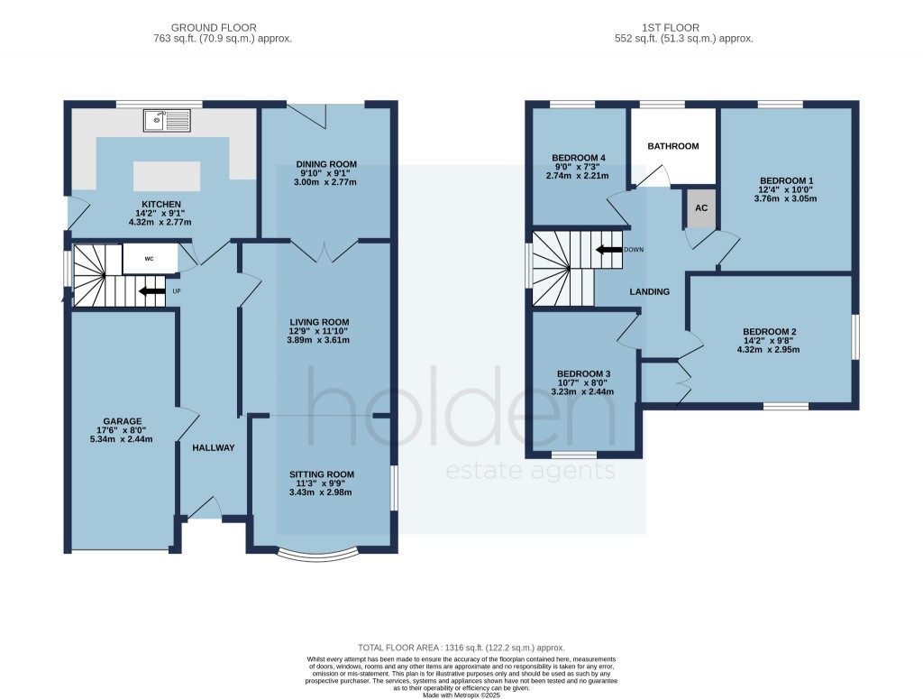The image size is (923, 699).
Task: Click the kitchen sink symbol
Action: pyautogui.click(x=167, y=120)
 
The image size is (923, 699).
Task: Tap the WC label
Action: pyautogui.click(x=149, y=259)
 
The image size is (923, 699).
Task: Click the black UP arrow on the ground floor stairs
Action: pyautogui.click(x=151, y=291)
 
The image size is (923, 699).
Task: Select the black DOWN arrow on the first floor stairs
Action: pyautogui.click(x=609, y=250)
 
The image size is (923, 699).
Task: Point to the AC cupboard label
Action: pyautogui.click(x=701, y=207)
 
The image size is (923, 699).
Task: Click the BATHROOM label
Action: pyautogui.click(x=673, y=146)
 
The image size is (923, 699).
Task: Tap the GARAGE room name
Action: pyautogui.click(x=123, y=421)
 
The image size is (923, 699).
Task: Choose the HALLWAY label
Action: pyautogui.click(x=214, y=447)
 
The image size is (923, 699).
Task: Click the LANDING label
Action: pyautogui.click(x=650, y=291)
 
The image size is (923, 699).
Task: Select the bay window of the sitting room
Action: pyautogui.click(x=318, y=552)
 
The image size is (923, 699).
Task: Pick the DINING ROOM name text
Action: pyautogui.click(x=326, y=164)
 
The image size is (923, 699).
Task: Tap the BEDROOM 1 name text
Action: pyautogui.click(x=787, y=180)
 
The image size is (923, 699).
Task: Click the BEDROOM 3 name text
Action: pyautogui.click(x=584, y=374)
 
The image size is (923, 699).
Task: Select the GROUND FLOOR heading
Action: pyautogui.click(x=214, y=28)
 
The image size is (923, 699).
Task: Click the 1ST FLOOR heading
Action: pyautogui.click(x=671, y=28)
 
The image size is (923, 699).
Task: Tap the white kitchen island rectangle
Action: pyautogui.click(x=167, y=176)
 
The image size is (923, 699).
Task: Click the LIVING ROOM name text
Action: pyautogui.click(x=320, y=322)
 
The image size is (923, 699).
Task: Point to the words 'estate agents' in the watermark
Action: pyautogui.click(x=531, y=471)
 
